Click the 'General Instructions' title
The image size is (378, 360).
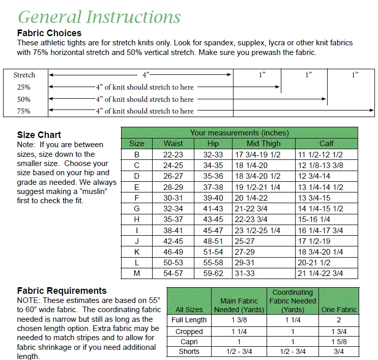pos(99,17)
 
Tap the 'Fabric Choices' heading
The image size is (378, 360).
pos(49,33)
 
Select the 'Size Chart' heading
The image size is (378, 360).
pos(39,135)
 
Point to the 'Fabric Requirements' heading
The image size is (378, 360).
pos(62,291)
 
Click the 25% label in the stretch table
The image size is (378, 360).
pos(24,87)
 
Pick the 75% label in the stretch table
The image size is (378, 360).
pos(24,111)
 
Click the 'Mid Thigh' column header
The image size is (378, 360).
pos(264,144)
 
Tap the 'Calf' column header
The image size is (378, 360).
pos(326,144)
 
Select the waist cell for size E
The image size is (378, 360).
pos(173,187)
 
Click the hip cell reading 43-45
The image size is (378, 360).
pos(213,219)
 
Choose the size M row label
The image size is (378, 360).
pos(136,273)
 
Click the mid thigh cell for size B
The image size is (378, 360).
pos(257,154)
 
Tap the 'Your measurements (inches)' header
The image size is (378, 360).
pos(239,133)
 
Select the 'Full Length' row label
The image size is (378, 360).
pos(189,320)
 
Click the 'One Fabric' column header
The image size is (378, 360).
pos(339,310)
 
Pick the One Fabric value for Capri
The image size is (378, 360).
pos(339,342)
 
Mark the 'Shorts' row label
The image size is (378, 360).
pos(189,352)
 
